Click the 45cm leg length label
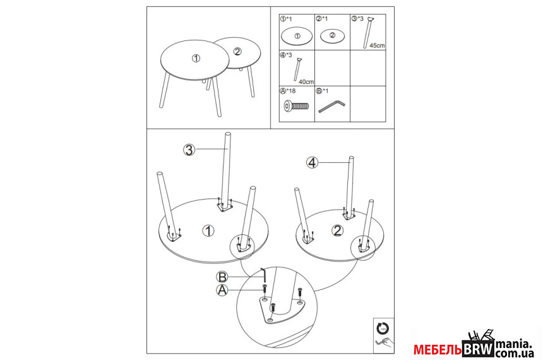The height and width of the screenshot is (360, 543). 377,45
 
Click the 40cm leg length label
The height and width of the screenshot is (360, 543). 306,82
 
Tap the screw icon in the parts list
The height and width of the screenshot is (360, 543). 296,105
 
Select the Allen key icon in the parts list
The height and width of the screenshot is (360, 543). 331,106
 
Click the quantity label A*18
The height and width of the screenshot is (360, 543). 288,91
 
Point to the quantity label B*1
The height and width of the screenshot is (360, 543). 322,91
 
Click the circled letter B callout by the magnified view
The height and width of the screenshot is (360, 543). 222,277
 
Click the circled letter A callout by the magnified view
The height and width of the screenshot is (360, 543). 222,290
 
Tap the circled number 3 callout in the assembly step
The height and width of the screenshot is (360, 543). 189,150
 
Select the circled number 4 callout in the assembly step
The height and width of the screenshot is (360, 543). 313,162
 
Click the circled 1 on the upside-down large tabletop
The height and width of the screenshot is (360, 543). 208,231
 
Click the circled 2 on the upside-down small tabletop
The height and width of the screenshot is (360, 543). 338,231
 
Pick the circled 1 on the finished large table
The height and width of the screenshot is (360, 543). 196,59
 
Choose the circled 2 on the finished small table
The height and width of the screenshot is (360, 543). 237,52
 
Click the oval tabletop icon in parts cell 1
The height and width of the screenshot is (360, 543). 297,36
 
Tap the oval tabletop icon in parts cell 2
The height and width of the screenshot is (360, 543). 333,36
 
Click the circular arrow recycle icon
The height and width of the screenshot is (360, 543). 383,328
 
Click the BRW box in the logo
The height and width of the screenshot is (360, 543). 478,349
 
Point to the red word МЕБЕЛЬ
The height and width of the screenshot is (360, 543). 438,350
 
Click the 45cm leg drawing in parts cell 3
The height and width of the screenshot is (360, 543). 368,32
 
